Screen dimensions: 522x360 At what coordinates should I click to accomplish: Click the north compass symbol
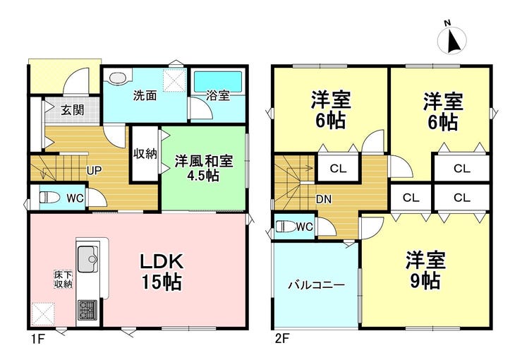[x=451, y=39]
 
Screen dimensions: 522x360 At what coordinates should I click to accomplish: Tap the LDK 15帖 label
[x=162, y=272]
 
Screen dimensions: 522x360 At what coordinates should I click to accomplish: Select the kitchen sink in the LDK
[x=87, y=259]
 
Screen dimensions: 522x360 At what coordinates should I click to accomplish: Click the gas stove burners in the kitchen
[x=87, y=310]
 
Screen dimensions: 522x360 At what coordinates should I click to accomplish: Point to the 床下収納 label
[x=63, y=279]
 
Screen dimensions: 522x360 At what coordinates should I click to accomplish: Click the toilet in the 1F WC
[x=49, y=198]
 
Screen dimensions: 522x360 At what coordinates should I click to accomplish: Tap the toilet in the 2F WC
[x=286, y=227]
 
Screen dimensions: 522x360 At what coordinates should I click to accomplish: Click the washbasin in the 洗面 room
[x=118, y=78]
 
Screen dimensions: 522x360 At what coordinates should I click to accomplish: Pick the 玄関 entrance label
[x=72, y=110]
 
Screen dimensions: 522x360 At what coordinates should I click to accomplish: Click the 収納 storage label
[x=145, y=153]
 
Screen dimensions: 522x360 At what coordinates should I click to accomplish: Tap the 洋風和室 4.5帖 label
[x=204, y=168]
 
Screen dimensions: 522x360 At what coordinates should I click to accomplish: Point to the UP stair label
[x=95, y=171]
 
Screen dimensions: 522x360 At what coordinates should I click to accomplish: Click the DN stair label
[x=323, y=199]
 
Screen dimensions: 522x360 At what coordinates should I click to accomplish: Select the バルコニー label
[x=316, y=285]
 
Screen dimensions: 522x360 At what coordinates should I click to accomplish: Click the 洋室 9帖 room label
[x=425, y=270]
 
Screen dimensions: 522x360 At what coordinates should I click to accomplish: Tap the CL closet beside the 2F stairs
[x=338, y=169]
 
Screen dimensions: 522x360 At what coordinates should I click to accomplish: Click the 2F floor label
[x=281, y=339]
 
